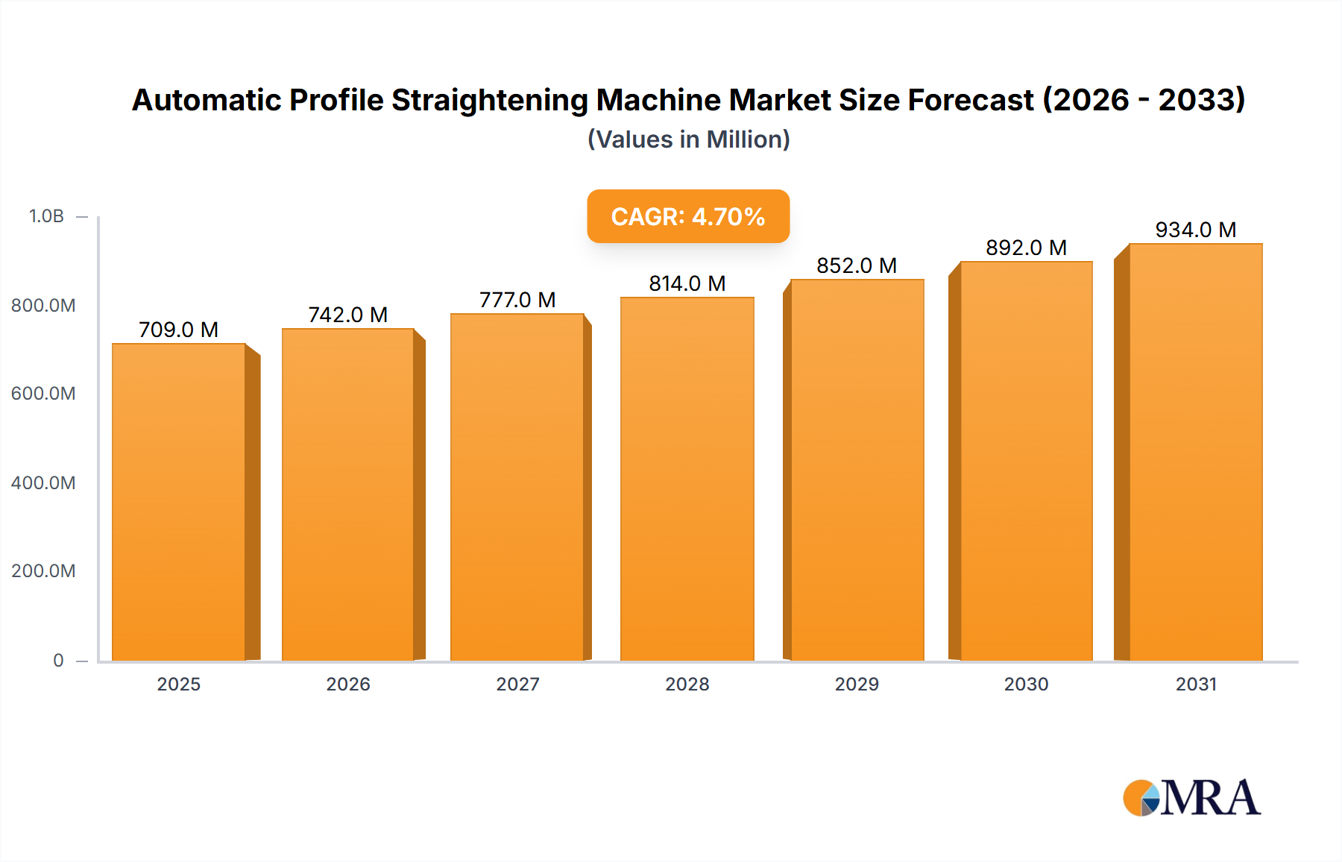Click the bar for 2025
coord(179,502)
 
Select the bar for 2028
coord(687,479)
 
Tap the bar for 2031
coord(1195,452)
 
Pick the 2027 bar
coord(517,487)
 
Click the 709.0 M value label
coord(179,330)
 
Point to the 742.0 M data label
coord(348,315)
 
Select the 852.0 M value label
coord(857,265)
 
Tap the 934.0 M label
coord(1195,230)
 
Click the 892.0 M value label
coord(1026,248)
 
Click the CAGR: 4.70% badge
coord(688,216)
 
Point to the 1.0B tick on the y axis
coord(46,216)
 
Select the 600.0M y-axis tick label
coord(43,394)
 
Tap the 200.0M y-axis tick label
coord(43,571)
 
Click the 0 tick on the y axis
coord(58,661)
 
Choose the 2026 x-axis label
coord(348,684)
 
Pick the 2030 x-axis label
coord(1026,684)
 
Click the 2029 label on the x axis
coord(857,684)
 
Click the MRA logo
coord(1191,798)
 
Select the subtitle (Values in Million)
coord(688,139)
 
